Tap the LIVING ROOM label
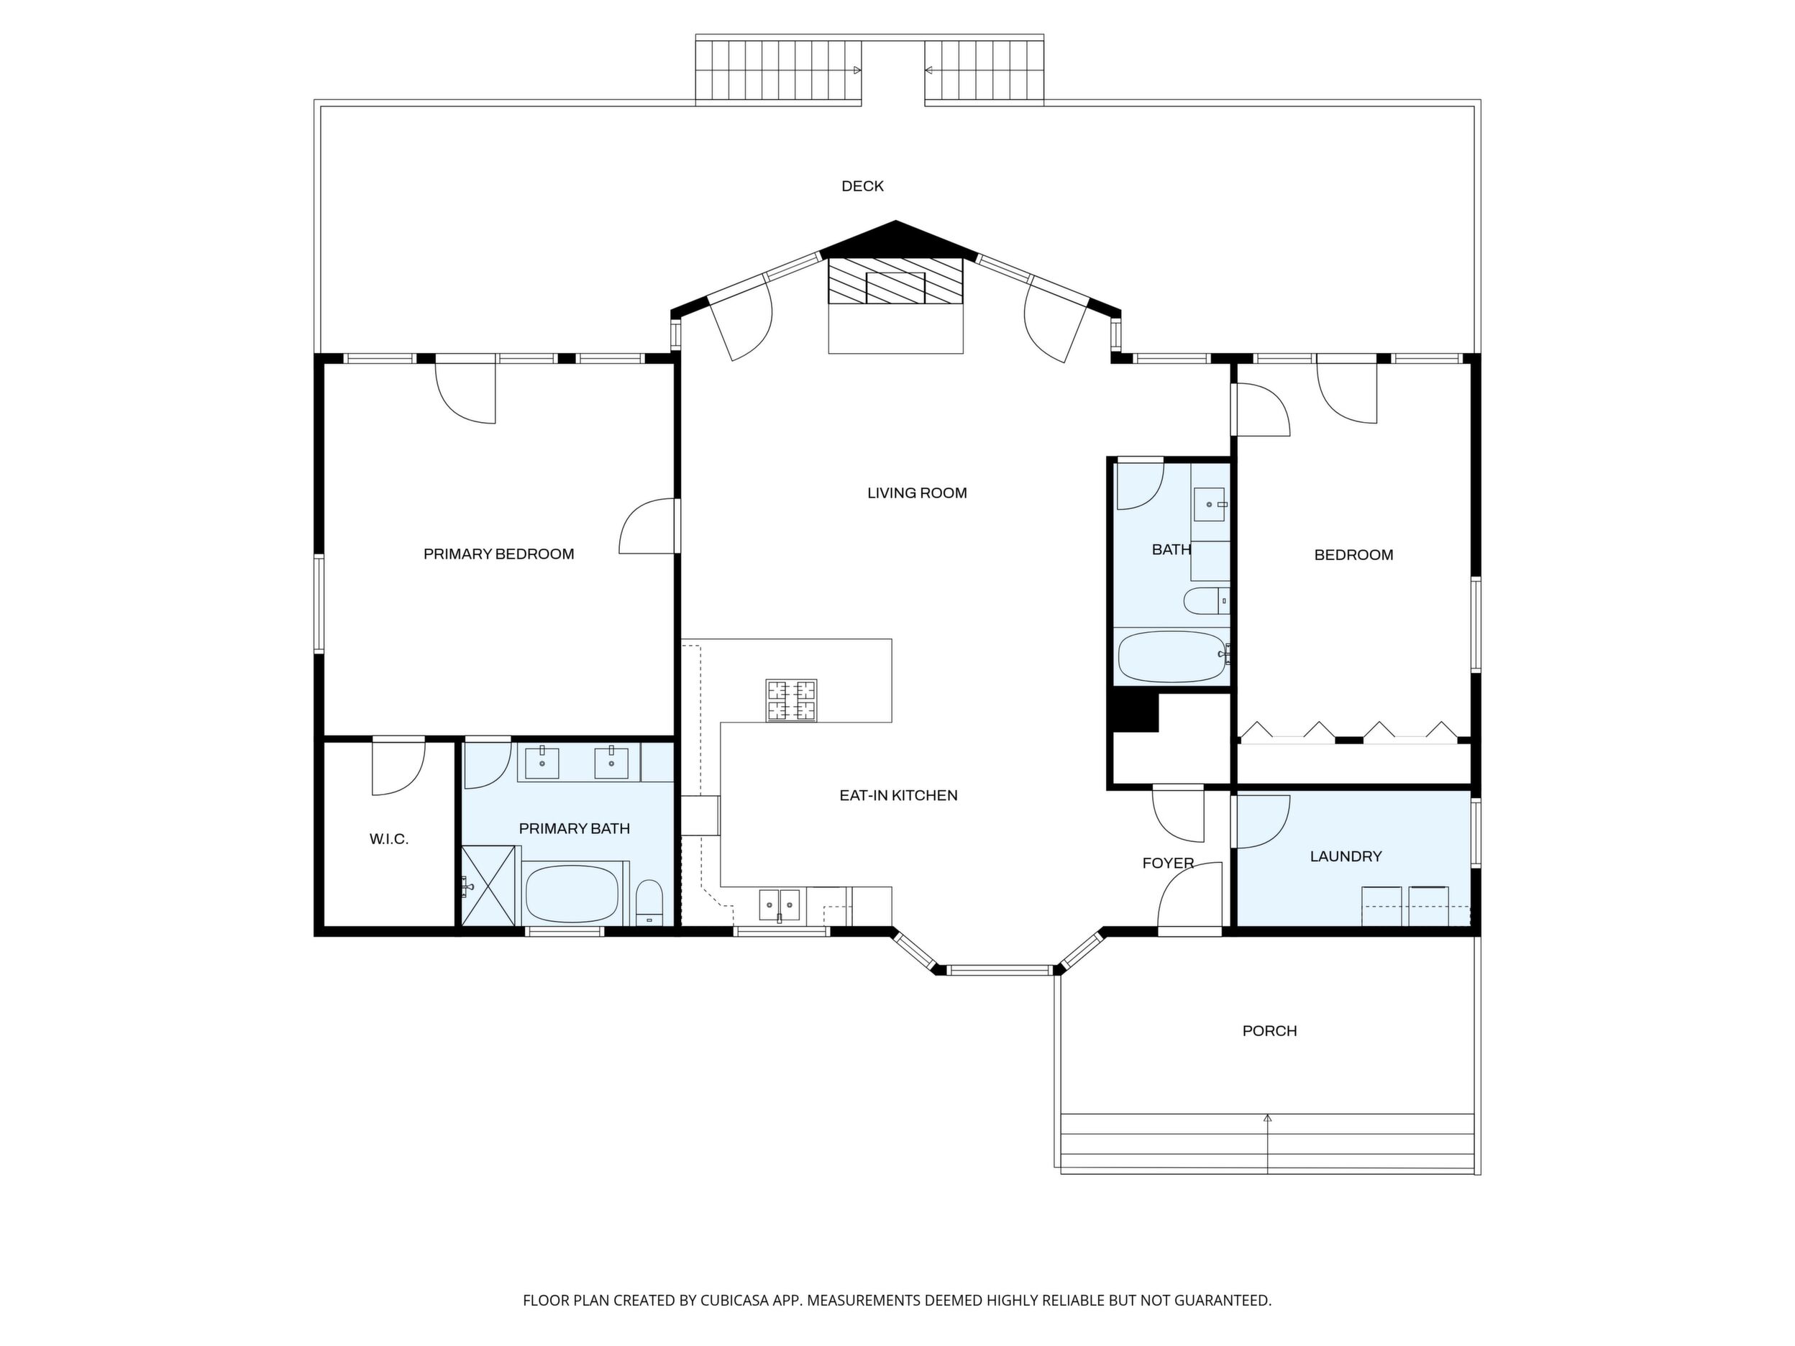point(917,493)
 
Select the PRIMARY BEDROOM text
point(498,554)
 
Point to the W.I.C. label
point(388,840)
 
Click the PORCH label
point(1269,1031)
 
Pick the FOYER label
point(1168,864)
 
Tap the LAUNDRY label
point(1346,856)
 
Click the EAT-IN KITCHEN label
point(898,796)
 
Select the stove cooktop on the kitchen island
point(791,700)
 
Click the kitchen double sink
point(779,905)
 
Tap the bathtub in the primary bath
point(572,893)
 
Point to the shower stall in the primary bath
point(489,885)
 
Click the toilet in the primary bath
point(649,903)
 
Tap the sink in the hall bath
point(1209,504)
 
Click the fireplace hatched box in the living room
point(895,280)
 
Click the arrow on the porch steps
point(1268,1143)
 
